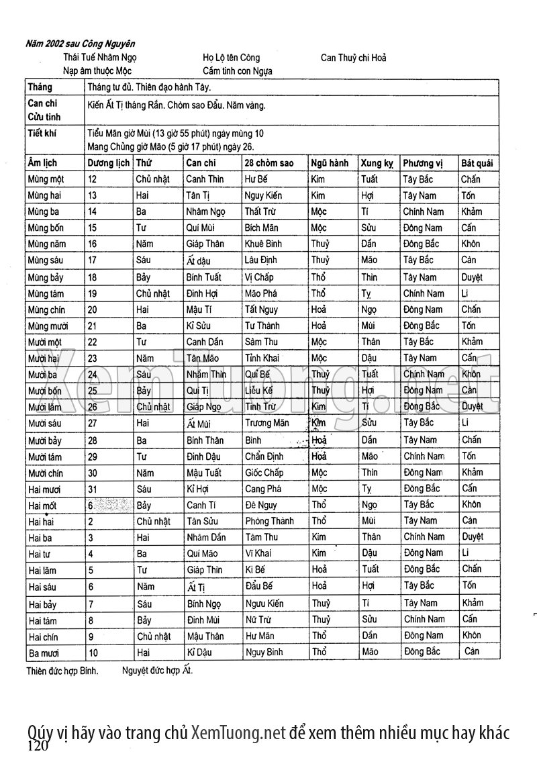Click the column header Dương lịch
click(108, 163)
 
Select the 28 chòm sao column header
click(269, 163)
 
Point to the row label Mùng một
click(46, 179)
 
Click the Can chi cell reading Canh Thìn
click(205, 179)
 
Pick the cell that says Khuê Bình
click(262, 244)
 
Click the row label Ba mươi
click(44, 652)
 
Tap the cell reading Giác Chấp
click(265, 473)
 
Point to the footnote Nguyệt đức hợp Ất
click(157, 670)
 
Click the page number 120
click(38, 747)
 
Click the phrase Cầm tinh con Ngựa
click(238, 70)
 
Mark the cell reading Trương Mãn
click(267, 424)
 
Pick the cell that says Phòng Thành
click(269, 522)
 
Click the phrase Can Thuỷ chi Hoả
click(353, 58)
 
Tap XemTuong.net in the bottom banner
click(238, 732)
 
